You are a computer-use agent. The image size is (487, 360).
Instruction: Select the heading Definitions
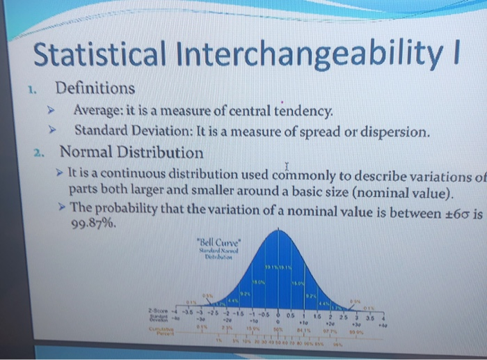(96, 88)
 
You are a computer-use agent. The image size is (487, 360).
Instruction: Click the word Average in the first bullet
(98, 111)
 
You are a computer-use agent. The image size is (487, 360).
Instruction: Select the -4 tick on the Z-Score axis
(175, 310)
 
